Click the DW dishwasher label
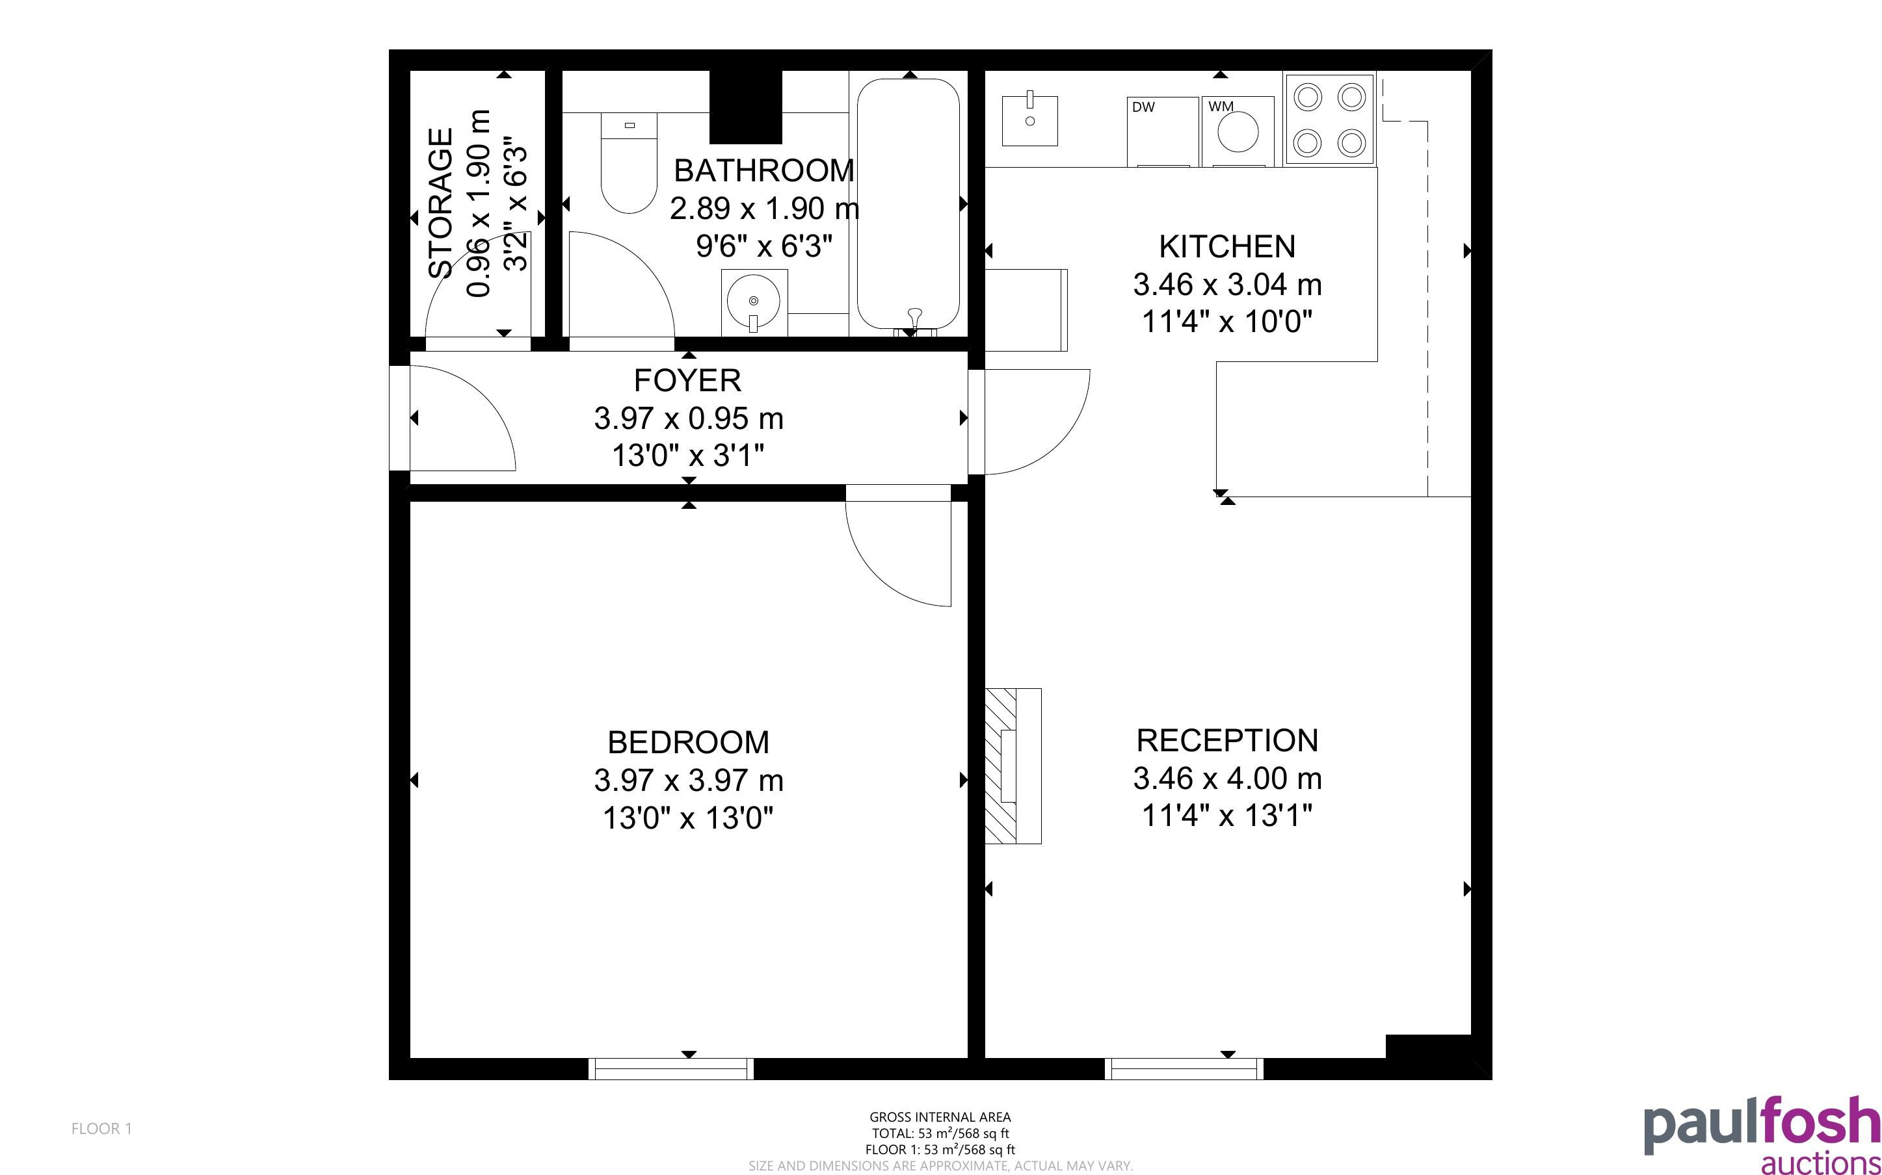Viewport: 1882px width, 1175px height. (1143, 107)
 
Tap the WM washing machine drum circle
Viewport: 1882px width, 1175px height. (1238, 131)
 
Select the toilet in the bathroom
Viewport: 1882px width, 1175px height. (629, 163)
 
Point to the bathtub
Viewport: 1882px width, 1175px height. (908, 203)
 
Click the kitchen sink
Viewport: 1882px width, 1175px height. (1029, 120)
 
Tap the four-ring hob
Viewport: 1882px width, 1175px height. (1330, 119)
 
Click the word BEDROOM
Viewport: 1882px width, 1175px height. (688, 742)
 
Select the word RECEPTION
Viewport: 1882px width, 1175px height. (1227, 741)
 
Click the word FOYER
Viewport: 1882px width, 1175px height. (687, 381)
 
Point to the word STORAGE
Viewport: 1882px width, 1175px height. (441, 203)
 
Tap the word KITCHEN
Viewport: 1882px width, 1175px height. (1227, 247)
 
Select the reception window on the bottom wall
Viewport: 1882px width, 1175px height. (1184, 1068)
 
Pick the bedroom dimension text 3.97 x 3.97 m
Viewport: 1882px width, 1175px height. (689, 781)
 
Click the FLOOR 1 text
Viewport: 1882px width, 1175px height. (102, 1128)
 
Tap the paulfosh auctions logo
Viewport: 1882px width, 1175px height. (1762, 1135)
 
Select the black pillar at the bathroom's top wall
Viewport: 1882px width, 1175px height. (745, 107)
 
